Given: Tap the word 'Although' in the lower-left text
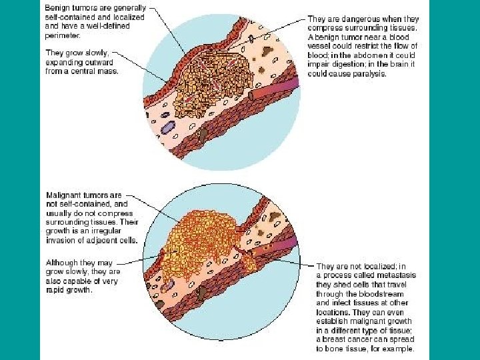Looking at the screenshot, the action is [x=60, y=262].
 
